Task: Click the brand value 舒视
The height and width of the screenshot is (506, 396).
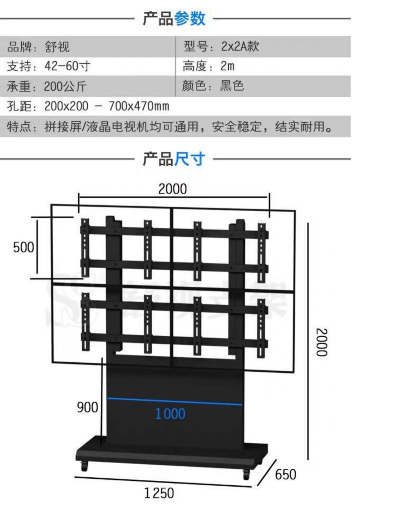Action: (x=57, y=47)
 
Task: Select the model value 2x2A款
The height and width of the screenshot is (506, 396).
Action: (x=240, y=47)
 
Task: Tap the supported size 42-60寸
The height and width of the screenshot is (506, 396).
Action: (x=67, y=66)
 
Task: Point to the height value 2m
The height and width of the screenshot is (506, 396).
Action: (x=227, y=66)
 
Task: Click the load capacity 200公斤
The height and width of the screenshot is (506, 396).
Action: (x=65, y=86)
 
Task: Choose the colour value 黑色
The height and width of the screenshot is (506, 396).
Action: (x=232, y=86)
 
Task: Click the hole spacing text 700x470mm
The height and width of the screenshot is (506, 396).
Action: (x=139, y=106)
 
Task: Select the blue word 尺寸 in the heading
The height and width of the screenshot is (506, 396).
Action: (x=189, y=159)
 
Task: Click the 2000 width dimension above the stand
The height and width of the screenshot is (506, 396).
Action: (x=172, y=189)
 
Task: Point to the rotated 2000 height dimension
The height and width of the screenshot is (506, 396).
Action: (x=322, y=342)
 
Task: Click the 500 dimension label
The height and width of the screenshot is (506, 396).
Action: (x=23, y=247)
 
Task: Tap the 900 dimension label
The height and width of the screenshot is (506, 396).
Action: (x=87, y=407)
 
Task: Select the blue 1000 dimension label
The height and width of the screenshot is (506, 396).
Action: (x=170, y=414)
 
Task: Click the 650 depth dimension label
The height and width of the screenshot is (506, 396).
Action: (x=285, y=475)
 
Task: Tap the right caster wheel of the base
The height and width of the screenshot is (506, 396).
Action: (x=246, y=474)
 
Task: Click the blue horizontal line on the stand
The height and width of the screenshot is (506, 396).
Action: (x=174, y=401)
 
